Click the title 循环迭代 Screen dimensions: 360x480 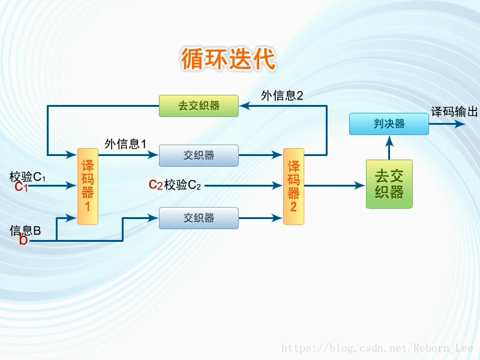(x=228, y=60)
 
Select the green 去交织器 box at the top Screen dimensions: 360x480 (x=199, y=106)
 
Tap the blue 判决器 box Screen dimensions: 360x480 (x=389, y=124)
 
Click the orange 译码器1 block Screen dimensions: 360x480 (x=88, y=187)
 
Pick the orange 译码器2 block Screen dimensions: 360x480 (x=293, y=187)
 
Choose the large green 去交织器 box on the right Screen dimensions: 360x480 (x=389, y=184)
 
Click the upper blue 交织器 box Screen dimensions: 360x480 (x=199, y=155)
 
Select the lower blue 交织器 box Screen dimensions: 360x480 (x=199, y=218)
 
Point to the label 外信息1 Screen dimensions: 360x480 (x=126, y=144)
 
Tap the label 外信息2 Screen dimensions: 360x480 (x=282, y=95)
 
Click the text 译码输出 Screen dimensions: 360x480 (x=454, y=112)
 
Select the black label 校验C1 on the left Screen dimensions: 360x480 (x=28, y=177)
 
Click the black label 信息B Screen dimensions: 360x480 (x=25, y=230)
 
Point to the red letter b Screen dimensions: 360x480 (x=23, y=241)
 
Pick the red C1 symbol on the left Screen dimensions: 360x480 (x=21, y=187)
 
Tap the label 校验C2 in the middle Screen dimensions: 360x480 (x=182, y=185)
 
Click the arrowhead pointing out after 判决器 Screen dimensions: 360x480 (x=460, y=124)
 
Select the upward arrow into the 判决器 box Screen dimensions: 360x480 (x=389, y=142)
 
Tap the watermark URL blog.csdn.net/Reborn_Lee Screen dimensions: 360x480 (x=377, y=349)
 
